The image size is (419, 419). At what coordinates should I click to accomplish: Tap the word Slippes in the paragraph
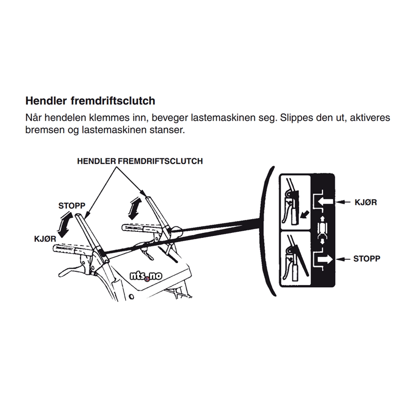(x=293, y=118)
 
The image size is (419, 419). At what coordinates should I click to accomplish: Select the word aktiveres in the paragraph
(x=369, y=118)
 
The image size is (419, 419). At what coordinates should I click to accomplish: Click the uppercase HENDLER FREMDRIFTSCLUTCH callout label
(x=140, y=161)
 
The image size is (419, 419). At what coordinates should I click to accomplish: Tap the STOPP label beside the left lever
(x=72, y=206)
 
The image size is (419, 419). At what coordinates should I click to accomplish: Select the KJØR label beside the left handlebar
(x=45, y=238)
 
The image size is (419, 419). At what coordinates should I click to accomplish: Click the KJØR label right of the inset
(x=365, y=202)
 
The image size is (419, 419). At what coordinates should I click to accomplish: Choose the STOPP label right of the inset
(x=367, y=259)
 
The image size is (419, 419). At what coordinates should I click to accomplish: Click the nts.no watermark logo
(x=146, y=277)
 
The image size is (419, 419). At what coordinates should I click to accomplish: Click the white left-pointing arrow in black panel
(x=325, y=202)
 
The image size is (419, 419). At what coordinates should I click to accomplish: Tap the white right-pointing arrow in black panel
(x=325, y=259)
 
